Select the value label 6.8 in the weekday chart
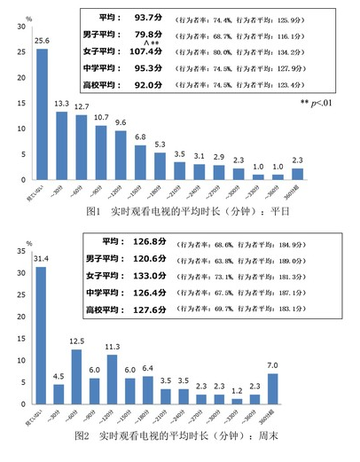coord(140,137)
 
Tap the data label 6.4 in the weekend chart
coord(148,367)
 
